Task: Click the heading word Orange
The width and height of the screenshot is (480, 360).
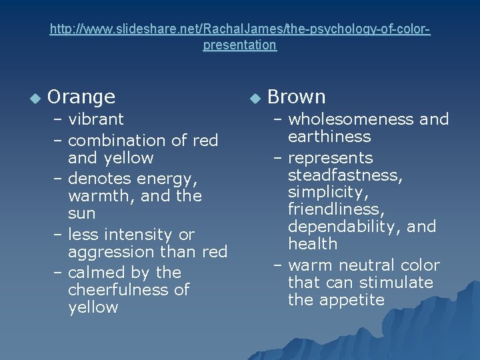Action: point(81,97)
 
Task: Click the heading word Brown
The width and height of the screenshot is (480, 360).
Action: point(296,97)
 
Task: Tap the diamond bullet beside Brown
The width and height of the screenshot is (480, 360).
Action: point(253,99)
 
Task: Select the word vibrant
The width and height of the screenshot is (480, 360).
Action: point(96,119)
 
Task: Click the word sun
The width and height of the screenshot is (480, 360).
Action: point(81,214)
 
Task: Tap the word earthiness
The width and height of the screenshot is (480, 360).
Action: point(329,137)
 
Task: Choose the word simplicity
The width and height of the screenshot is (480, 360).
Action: point(327,193)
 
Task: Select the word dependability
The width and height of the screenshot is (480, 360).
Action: point(347,227)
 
